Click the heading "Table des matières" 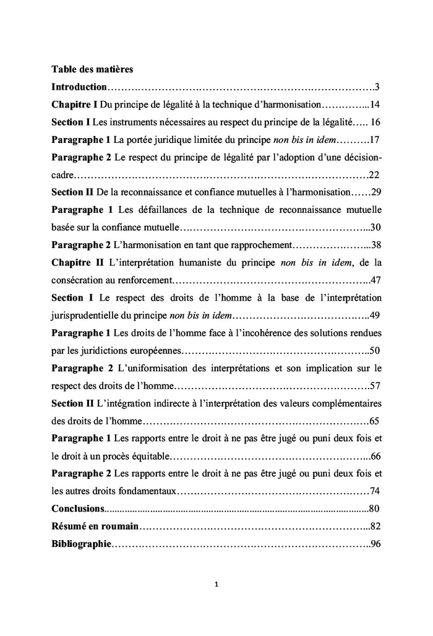[x=92, y=69]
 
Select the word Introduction [x=80, y=87]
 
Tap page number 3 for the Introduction [x=377, y=87]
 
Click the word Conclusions [x=78, y=509]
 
